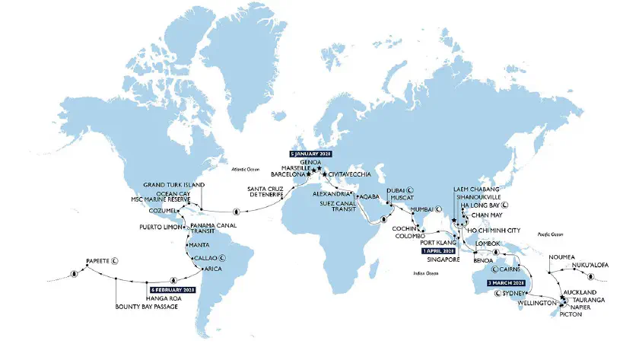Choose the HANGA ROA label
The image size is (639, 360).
click(164, 298)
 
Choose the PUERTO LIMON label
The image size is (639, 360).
click(157, 227)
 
